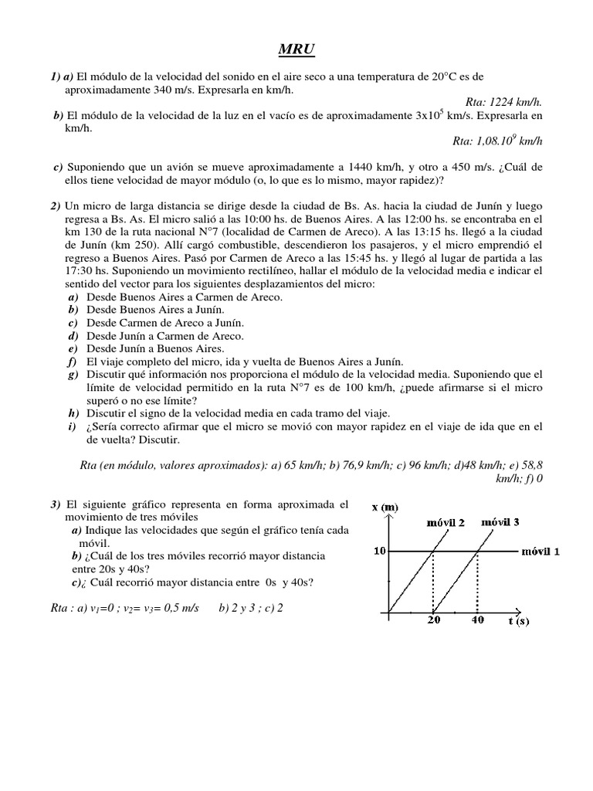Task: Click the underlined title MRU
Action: (x=296, y=51)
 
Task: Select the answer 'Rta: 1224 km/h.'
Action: (x=505, y=101)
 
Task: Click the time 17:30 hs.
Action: (x=80, y=271)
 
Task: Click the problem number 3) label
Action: (x=56, y=504)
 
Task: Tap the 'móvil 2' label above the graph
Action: (x=446, y=524)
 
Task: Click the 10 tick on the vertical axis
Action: (x=380, y=551)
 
